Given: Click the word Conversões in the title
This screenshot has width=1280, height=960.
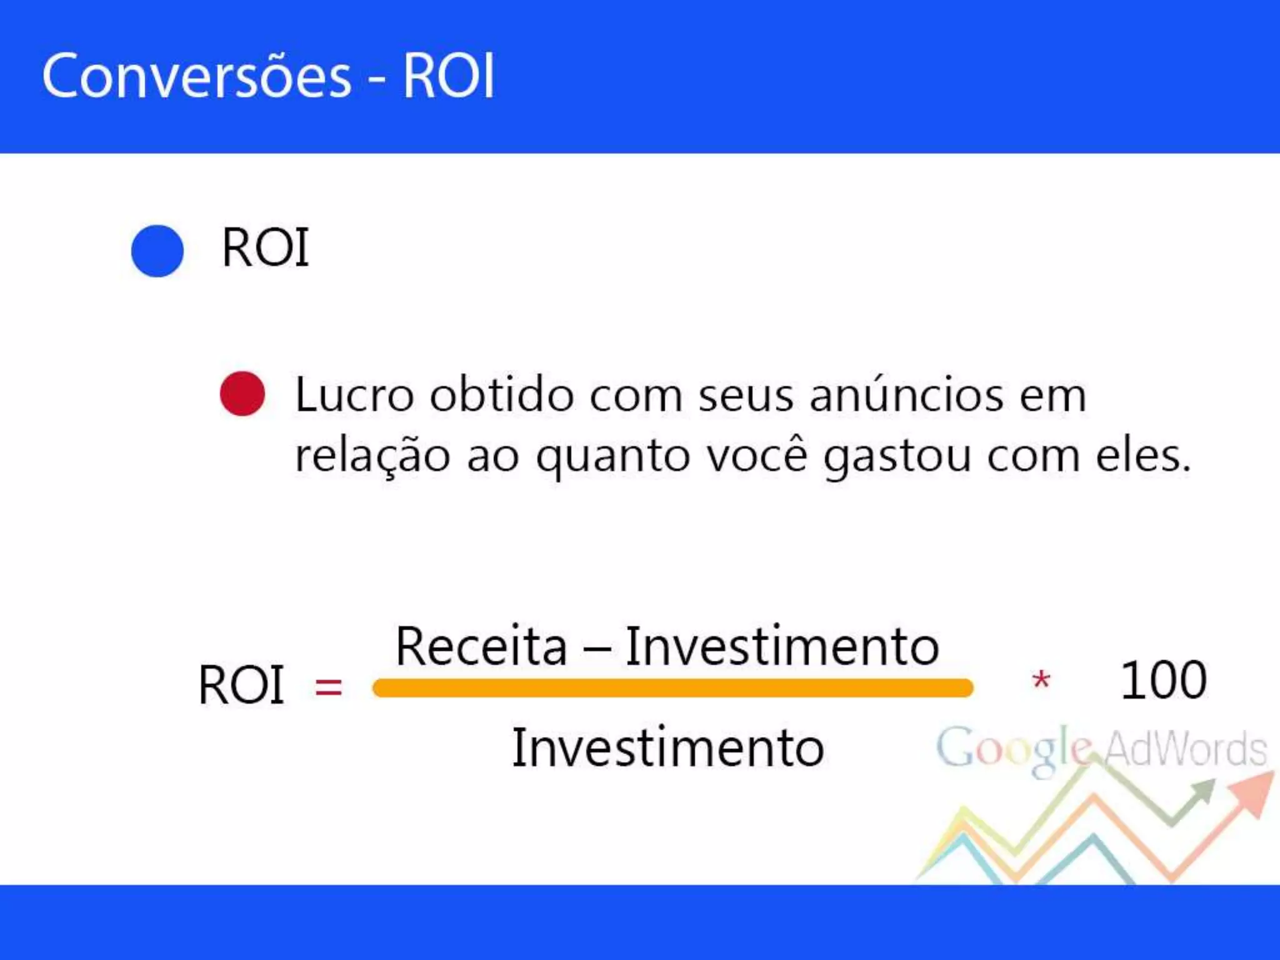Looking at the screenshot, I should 196,76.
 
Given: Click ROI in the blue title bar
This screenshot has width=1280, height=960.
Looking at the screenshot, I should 448,76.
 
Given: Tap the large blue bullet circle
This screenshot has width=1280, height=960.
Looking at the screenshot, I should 157,251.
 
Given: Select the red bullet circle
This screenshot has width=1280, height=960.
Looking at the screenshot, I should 242,394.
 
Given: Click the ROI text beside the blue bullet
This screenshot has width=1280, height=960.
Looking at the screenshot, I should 266,248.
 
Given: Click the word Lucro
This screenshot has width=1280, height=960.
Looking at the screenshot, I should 354,395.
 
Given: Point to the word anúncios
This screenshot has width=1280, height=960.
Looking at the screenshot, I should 906,395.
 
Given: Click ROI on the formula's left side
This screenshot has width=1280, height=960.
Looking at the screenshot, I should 241,686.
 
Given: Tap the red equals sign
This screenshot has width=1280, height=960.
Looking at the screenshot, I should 328,687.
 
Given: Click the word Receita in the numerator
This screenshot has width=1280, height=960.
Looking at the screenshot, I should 481,646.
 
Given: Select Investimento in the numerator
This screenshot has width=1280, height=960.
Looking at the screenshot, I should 782,646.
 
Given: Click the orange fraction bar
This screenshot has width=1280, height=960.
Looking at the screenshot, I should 672,688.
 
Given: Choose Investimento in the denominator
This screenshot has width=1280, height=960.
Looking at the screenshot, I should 668,748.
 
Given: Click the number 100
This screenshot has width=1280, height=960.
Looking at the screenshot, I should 1163,680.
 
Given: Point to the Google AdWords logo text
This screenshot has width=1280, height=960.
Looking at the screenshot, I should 1100,749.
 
